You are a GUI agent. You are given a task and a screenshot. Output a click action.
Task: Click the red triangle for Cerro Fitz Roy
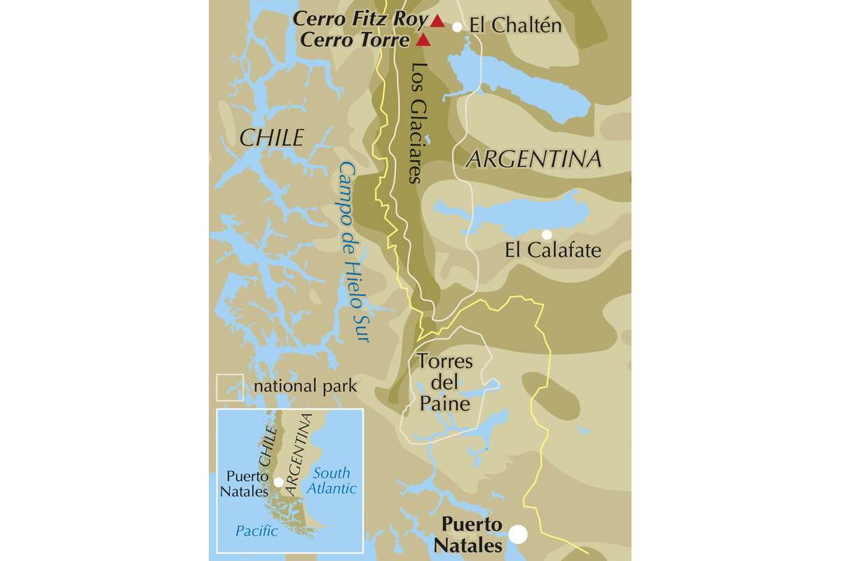coord(437,20)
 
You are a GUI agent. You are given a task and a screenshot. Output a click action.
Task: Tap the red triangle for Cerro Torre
coord(423,40)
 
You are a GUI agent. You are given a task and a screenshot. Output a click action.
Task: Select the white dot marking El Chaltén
coord(458,27)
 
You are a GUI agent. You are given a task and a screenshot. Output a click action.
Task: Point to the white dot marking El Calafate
coord(547,234)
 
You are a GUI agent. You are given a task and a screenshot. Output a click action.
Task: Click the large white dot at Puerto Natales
coord(518,534)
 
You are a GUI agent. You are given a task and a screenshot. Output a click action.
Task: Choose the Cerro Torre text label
coord(354,40)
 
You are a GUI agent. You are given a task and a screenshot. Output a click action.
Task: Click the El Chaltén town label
coord(516,27)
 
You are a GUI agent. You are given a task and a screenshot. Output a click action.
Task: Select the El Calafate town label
coord(553,250)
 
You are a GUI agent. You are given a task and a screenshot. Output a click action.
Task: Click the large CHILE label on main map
coord(271,138)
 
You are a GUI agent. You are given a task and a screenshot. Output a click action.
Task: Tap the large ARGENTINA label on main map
coord(533,159)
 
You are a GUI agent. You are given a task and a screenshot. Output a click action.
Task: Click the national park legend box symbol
coord(230,387)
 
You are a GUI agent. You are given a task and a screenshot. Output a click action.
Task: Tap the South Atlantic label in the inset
coord(333,481)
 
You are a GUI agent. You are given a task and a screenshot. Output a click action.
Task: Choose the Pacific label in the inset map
coord(256,532)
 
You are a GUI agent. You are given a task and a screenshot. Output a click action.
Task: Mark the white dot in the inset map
coord(279,482)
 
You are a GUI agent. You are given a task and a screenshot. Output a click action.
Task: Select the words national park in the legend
coord(306,386)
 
